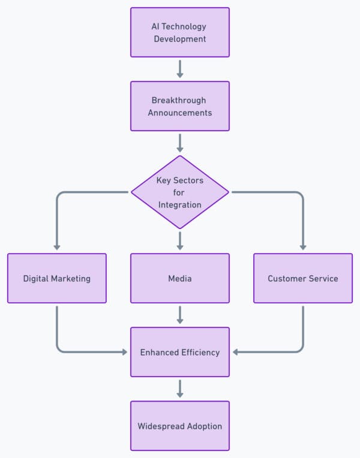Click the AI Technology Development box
(x=180, y=32)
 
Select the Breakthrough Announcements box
(x=180, y=106)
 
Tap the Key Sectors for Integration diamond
(x=180, y=192)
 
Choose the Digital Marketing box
(x=57, y=278)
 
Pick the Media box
(x=180, y=278)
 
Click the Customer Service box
(x=303, y=278)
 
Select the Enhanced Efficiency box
(x=180, y=352)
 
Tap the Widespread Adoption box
(x=180, y=426)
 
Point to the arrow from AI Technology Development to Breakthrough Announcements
(x=180, y=68)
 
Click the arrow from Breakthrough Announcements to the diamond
(x=180, y=142)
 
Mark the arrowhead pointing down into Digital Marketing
(x=57, y=246)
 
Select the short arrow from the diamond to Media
(x=180, y=240)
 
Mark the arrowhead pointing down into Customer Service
(x=303, y=246)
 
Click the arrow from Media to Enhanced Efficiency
(x=180, y=314)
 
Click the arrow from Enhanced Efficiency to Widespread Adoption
(x=180, y=388)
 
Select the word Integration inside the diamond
(x=180, y=205)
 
